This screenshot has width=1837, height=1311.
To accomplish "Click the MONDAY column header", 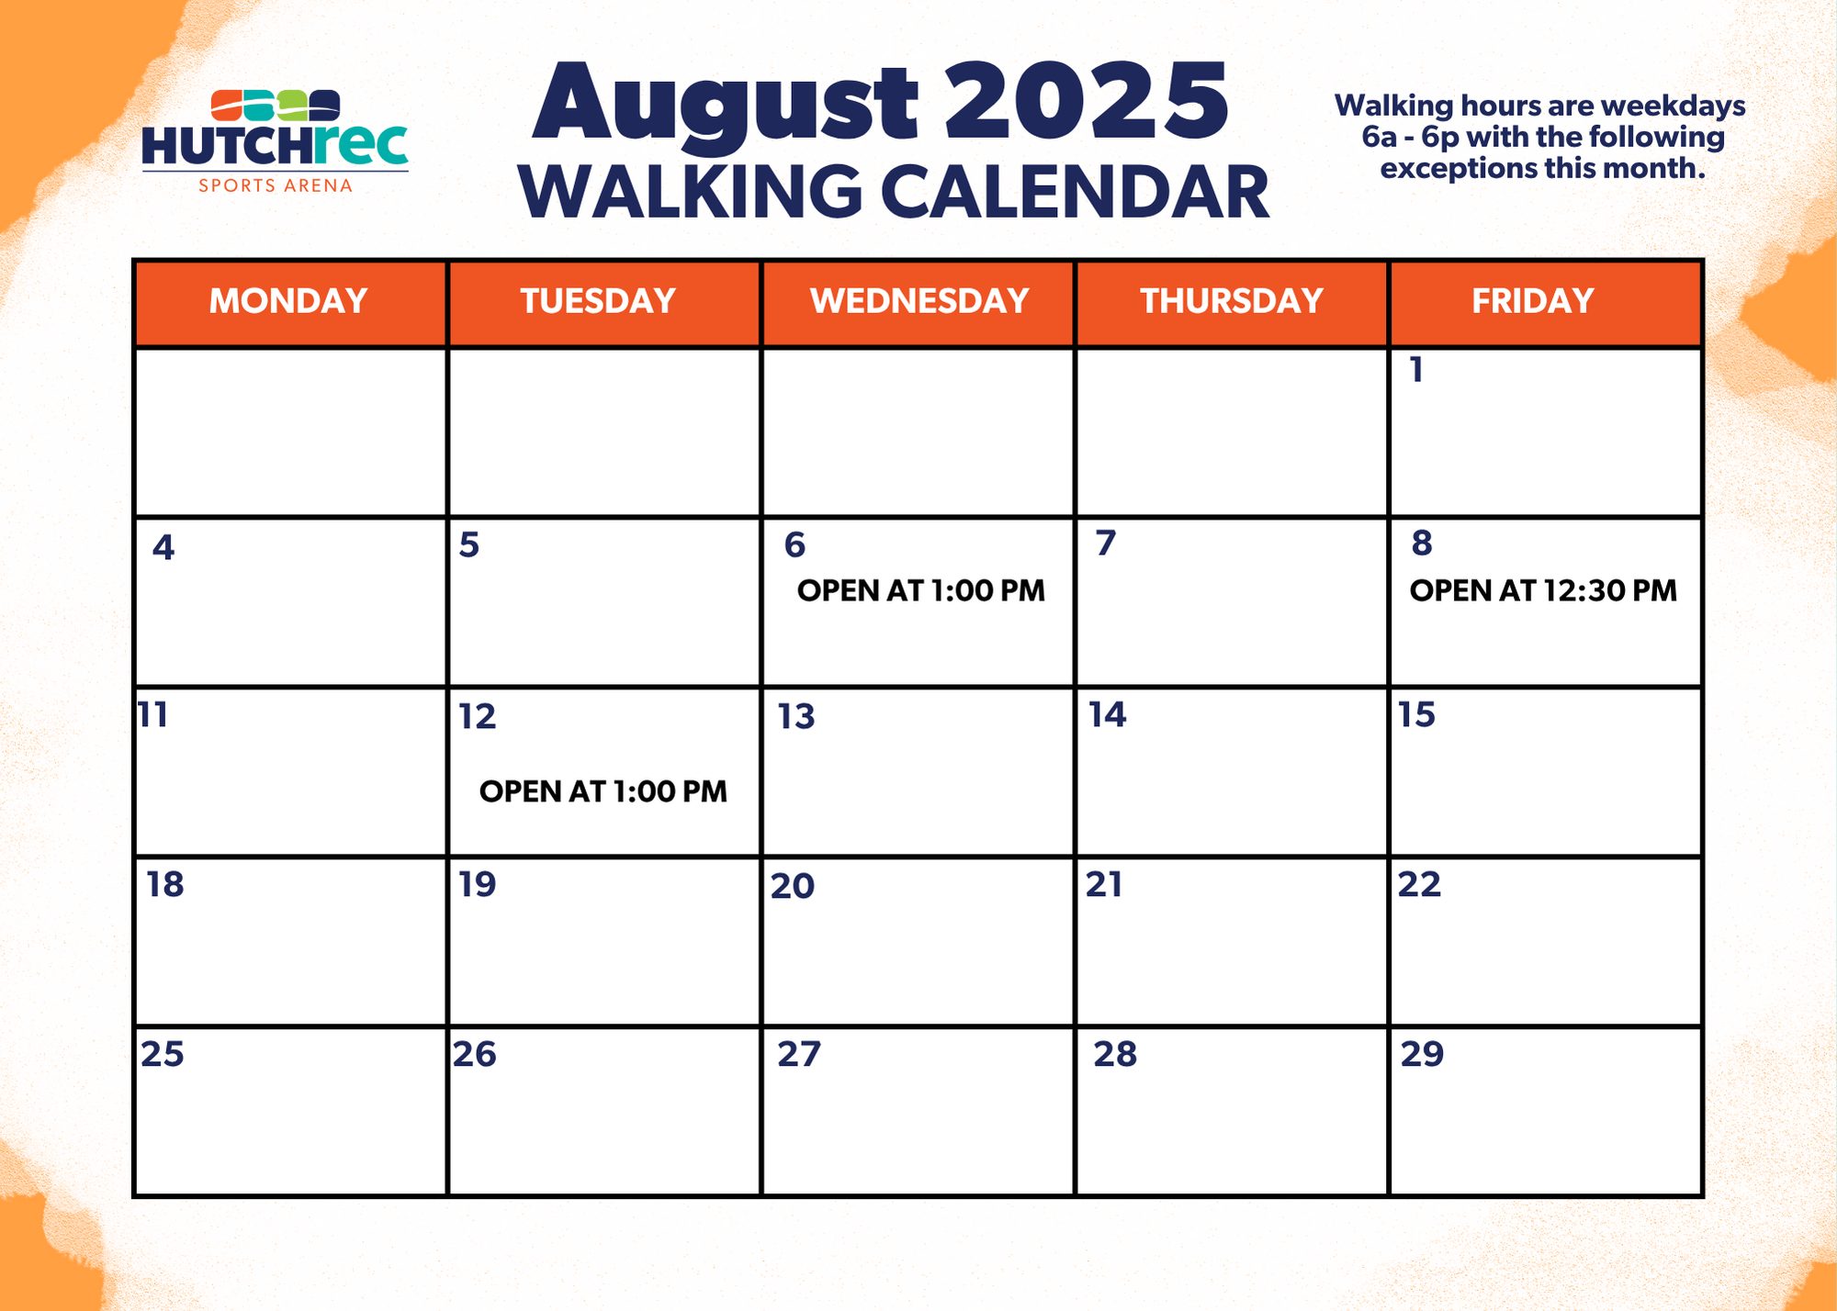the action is click(288, 301).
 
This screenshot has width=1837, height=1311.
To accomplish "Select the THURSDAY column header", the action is click(1232, 301).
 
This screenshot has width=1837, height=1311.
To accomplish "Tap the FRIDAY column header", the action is click(1533, 301).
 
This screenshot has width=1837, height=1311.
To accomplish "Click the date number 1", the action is click(1416, 370).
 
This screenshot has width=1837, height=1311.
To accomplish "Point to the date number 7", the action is click(1106, 543).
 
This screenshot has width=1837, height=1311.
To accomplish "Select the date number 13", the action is click(796, 716).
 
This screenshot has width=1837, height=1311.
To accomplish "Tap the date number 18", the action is click(165, 884).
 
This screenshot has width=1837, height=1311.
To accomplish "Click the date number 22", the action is click(1419, 884).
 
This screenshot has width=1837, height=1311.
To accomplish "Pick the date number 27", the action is click(799, 1054).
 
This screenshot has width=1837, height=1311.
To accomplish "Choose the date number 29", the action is click(1422, 1053).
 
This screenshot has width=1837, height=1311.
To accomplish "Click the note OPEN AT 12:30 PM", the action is click(1543, 590).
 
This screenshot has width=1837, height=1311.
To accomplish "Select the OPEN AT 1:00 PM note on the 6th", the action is click(921, 590).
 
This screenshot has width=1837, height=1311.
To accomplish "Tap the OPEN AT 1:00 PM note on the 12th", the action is click(603, 791).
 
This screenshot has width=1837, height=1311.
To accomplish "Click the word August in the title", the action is click(726, 105).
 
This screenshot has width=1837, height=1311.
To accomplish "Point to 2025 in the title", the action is click(1087, 101).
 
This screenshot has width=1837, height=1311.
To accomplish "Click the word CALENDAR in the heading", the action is click(1076, 192).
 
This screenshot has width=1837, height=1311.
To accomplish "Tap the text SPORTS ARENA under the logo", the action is click(276, 185).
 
